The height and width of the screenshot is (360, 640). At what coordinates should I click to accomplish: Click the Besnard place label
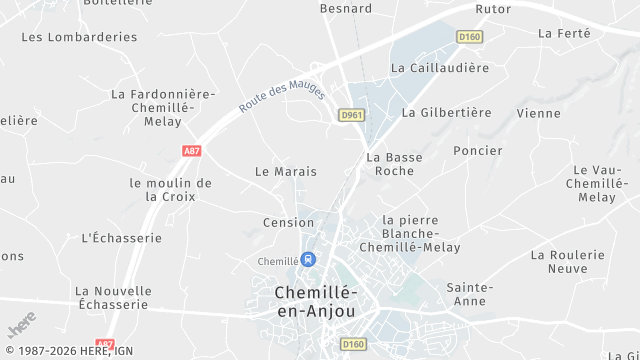[346, 9]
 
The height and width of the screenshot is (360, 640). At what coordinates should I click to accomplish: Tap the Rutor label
[493, 9]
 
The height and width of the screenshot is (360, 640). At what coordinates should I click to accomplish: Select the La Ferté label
[564, 33]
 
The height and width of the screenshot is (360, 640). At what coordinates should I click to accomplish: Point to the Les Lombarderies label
[79, 37]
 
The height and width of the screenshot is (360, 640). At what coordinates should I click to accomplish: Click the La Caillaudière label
[440, 68]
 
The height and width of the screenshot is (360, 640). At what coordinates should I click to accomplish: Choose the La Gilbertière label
[446, 113]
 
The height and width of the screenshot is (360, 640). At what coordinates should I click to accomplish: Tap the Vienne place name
[538, 114]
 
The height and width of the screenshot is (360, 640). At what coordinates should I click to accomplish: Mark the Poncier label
[478, 151]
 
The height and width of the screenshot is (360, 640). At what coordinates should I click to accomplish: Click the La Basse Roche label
[394, 164]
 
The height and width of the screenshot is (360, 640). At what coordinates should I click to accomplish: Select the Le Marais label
[286, 172]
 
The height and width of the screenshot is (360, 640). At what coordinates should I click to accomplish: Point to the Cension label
[289, 222]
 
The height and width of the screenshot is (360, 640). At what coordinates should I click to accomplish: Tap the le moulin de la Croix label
[171, 190]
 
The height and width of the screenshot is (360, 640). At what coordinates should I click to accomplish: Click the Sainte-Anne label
[470, 294]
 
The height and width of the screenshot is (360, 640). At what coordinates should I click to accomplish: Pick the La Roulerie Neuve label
[568, 262]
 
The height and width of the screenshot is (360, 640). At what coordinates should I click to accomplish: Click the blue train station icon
[309, 260]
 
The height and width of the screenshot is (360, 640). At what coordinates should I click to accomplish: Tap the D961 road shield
[351, 115]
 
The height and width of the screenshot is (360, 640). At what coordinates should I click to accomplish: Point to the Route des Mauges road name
[282, 96]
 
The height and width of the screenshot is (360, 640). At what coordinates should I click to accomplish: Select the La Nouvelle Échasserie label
[113, 297]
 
